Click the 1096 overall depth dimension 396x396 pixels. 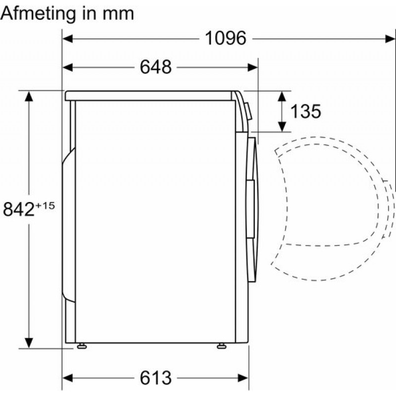[x=226, y=38]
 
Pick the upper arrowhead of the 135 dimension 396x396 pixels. [x=283, y=96]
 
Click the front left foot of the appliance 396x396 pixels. [x=81, y=346]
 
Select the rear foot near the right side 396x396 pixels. [x=220, y=346]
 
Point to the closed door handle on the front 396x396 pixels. [x=251, y=191]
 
